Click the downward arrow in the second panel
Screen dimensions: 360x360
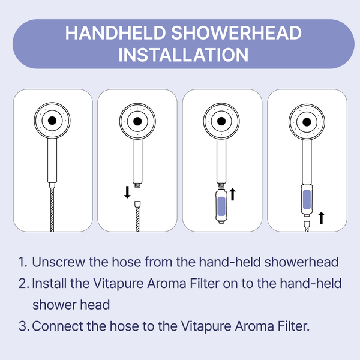click(127, 193)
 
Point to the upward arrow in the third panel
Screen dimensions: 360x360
click(233, 194)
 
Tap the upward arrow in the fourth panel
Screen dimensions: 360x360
click(322, 217)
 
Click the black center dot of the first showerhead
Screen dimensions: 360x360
click(52, 121)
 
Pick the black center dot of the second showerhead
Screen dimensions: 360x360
click(137, 121)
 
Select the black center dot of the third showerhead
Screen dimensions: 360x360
click(221, 121)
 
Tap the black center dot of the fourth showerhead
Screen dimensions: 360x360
click(306, 121)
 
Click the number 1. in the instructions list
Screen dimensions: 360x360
click(23, 262)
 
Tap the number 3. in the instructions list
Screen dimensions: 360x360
click(23, 326)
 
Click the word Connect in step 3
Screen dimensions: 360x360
click(56, 326)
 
